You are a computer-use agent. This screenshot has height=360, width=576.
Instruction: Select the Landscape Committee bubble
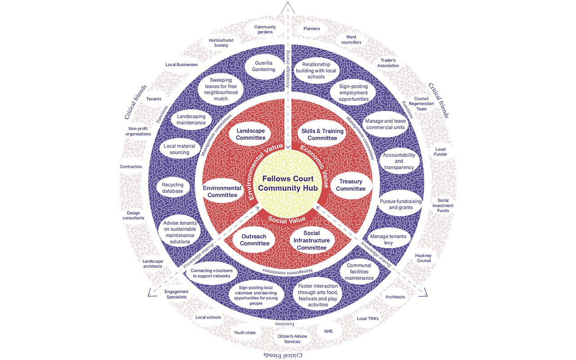click(x=250, y=134)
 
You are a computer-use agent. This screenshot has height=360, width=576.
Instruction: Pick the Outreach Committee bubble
click(x=254, y=240)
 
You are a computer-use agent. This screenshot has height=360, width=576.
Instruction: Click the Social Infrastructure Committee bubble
click(x=311, y=240)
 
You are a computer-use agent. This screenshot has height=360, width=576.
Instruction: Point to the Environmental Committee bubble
click(x=222, y=191)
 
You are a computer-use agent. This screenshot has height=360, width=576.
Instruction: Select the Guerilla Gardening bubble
click(x=264, y=66)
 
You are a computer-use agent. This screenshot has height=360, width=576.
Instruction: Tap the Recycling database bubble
click(x=172, y=188)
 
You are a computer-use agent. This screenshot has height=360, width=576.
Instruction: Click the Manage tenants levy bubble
click(x=387, y=239)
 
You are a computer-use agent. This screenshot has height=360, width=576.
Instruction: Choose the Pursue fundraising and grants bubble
click(x=400, y=204)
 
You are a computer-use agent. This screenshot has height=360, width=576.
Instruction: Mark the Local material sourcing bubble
click(x=176, y=149)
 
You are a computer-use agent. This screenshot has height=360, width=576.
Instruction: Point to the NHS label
click(x=328, y=331)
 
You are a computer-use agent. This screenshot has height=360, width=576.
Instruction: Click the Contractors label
click(x=131, y=166)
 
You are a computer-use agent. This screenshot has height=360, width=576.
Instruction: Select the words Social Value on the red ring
click(x=287, y=220)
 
